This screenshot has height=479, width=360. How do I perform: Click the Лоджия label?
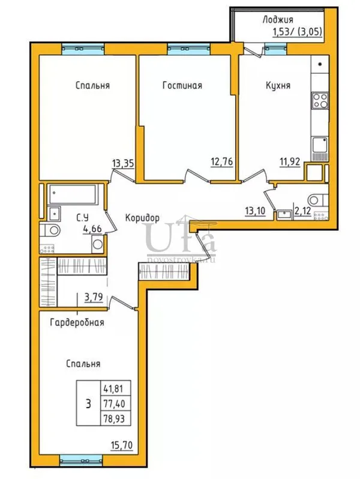278,20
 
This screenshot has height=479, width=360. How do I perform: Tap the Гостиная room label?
182,85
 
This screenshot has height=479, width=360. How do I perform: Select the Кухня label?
278,85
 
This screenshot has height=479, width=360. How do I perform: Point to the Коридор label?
142,218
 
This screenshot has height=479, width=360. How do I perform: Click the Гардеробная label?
77,322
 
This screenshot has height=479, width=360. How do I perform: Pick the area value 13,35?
123,163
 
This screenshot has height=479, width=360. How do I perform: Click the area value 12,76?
222,161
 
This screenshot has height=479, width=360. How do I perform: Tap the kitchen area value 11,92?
290,161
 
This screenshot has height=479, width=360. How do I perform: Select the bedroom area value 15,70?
122,445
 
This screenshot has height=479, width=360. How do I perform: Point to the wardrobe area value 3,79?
93,297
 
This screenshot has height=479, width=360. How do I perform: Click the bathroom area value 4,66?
92,228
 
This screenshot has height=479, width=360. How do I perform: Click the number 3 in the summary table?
88,404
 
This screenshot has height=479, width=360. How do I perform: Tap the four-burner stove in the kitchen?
320,100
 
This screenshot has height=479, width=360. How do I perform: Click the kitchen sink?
320,145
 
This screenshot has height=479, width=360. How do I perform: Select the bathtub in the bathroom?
73,194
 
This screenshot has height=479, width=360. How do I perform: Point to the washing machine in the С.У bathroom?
98,244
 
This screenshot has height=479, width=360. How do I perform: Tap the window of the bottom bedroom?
81,460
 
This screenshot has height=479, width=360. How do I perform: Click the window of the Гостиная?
189,49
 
